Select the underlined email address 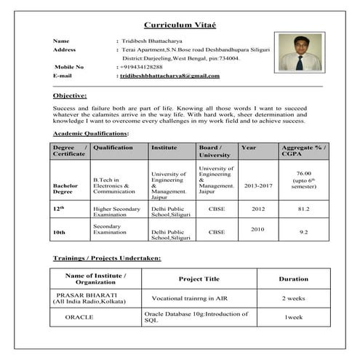[169, 76]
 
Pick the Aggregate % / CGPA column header [304, 151]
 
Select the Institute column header [164, 147]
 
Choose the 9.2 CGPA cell [304, 232]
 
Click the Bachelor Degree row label [65, 189]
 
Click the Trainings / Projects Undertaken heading [107, 258]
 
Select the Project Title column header [199, 279]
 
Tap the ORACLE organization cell [79, 318]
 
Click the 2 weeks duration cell [294, 298]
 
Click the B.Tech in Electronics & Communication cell [115, 185]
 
